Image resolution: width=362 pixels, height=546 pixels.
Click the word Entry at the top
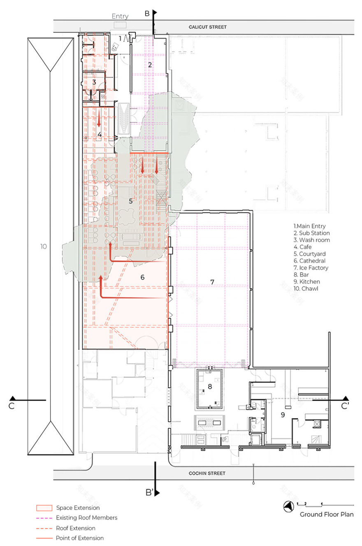click(x=120, y=16)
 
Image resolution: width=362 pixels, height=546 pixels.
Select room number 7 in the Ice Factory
click(x=212, y=282)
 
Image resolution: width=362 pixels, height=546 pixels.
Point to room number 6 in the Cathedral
click(x=142, y=277)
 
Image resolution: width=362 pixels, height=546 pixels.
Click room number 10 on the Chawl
click(x=44, y=247)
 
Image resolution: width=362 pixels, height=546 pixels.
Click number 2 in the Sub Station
click(x=150, y=65)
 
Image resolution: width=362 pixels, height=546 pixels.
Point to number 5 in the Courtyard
click(x=131, y=201)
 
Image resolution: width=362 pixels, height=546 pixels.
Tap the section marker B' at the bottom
click(x=149, y=492)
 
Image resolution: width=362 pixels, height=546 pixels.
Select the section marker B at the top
click(x=147, y=14)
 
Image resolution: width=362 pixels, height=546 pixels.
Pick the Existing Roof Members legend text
click(x=87, y=518)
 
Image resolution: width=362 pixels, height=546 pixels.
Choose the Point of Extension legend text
click(x=80, y=538)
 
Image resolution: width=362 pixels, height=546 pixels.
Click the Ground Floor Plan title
click(x=327, y=514)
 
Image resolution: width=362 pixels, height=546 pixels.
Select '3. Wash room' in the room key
click(x=312, y=240)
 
